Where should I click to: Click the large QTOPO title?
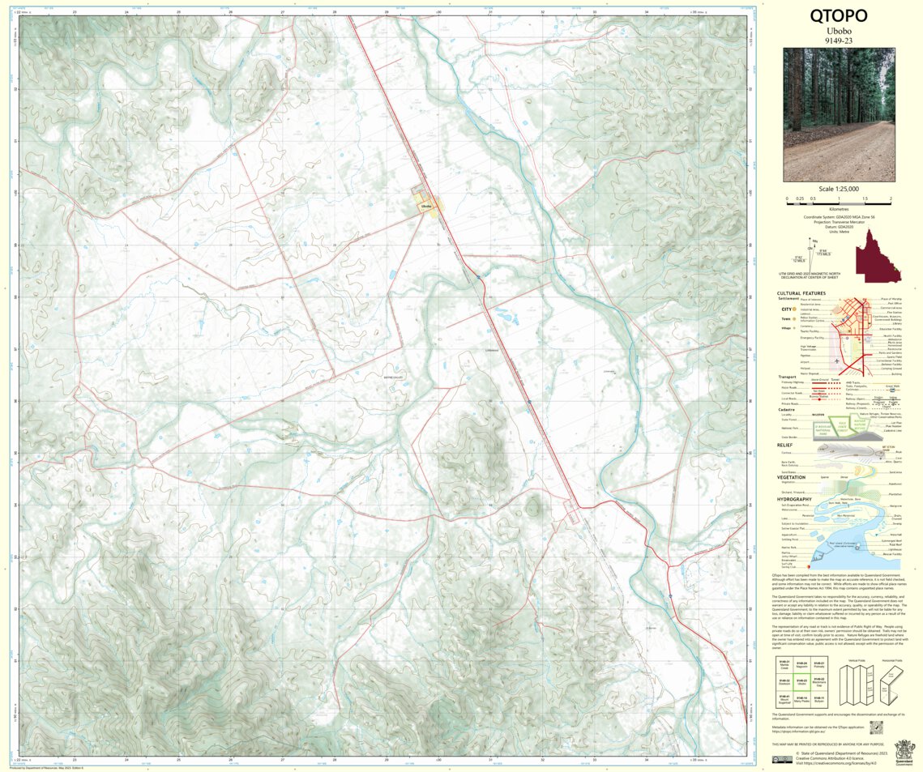[x=838, y=16]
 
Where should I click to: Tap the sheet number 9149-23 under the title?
[x=838, y=40]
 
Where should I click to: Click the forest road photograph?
[x=839, y=114]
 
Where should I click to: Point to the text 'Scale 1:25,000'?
[x=838, y=189]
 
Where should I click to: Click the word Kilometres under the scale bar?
[x=838, y=209]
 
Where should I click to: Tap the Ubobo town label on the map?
[x=427, y=207]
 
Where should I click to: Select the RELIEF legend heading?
[x=785, y=444]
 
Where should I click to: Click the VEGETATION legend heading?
[x=791, y=477]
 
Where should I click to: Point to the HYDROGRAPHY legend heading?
[x=794, y=498]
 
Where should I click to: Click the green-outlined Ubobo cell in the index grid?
[x=801, y=681]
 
